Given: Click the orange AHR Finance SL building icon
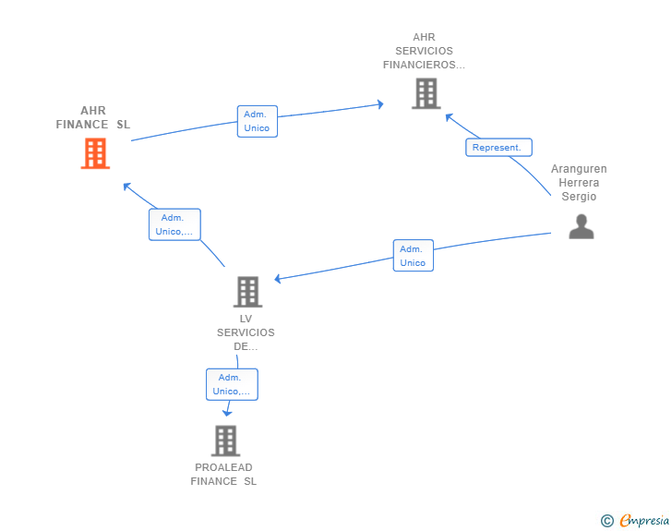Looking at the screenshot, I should click(x=95, y=153).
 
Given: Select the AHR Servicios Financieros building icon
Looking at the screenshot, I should click(x=425, y=93).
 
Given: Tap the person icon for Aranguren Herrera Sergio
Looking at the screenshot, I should click(x=581, y=226).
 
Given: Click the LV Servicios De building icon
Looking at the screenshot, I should click(x=246, y=292).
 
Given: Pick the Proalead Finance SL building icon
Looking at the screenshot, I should click(x=225, y=440).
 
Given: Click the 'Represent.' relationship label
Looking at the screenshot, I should click(x=498, y=147).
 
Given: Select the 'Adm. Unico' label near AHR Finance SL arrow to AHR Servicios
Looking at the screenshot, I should click(x=257, y=121).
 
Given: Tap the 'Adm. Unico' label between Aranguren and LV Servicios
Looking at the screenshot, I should click(x=413, y=256).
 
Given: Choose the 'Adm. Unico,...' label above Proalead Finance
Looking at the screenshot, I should click(x=231, y=384).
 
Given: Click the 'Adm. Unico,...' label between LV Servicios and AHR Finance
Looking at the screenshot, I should click(x=174, y=224).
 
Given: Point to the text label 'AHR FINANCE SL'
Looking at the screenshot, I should click(x=93, y=117).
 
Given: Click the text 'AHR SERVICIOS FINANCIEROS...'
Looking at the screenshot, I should click(x=425, y=52).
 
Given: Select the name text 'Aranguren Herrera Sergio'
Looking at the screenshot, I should click(x=579, y=183).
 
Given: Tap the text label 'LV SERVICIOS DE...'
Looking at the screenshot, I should click(x=246, y=332).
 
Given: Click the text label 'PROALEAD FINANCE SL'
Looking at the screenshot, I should click(x=223, y=475).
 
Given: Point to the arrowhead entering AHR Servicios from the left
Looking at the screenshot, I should click(x=379, y=104).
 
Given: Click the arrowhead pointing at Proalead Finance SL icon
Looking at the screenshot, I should click(x=226, y=413).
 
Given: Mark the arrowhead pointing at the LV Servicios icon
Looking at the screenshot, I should click(x=279, y=279).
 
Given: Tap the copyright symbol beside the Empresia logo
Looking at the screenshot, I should click(x=606, y=521).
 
